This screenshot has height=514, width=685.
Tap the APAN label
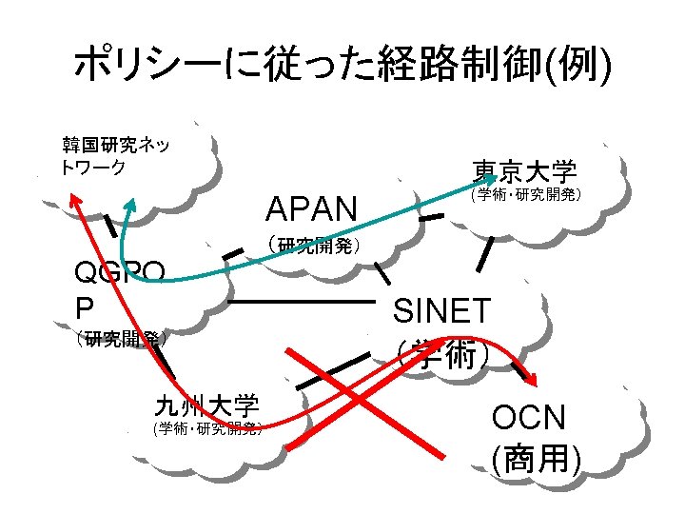pyautogui.click(x=311, y=208)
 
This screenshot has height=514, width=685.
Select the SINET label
pyautogui.click(x=442, y=310)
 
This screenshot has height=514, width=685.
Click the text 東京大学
pyautogui.click(x=525, y=171)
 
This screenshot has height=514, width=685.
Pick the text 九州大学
pyautogui.click(x=206, y=405)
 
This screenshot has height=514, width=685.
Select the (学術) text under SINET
pyautogui.click(x=443, y=355)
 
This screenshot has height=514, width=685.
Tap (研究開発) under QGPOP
pyautogui.click(x=124, y=338)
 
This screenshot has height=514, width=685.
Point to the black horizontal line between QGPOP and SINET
pyautogui.click(x=302, y=302)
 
